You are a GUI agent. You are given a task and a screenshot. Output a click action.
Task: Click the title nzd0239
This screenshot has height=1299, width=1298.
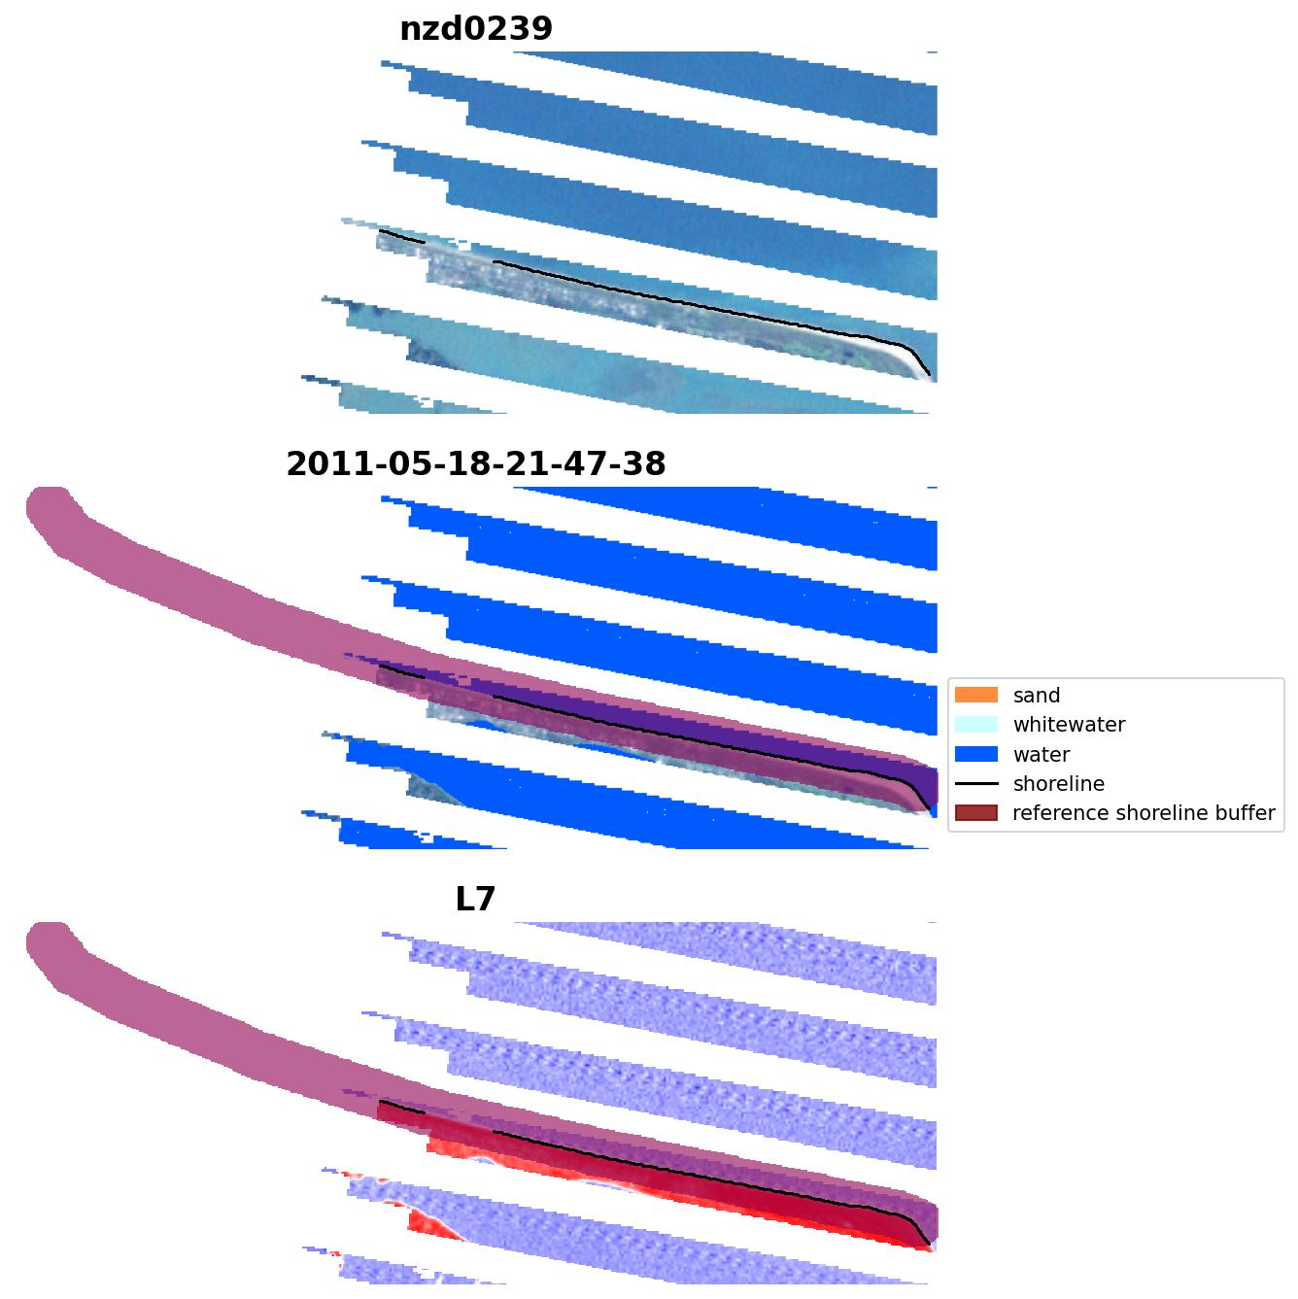pyautogui.click(x=476, y=29)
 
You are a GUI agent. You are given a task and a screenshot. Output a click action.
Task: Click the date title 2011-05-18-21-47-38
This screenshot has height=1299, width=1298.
pyautogui.click(x=476, y=464)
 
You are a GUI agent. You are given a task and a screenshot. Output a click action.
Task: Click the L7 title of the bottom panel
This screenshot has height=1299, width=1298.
pyautogui.click(x=476, y=900)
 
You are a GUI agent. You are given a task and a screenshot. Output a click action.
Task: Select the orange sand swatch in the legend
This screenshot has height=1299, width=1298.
pyautogui.click(x=975, y=695)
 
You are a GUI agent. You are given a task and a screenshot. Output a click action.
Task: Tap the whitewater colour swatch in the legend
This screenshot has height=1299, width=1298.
pyautogui.click(x=975, y=724)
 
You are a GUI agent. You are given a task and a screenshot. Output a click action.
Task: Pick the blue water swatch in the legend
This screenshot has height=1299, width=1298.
pyautogui.click(x=975, y=754)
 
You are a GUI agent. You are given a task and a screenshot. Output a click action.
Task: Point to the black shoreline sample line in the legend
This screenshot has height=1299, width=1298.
pyautogui.click(x=975, y=783)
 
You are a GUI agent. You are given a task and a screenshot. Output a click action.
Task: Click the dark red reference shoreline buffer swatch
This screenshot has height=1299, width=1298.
pyautogui.click(x=975, y=813)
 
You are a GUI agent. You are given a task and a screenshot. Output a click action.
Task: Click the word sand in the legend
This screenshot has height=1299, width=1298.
pyautogui.click(x=1036, y=696)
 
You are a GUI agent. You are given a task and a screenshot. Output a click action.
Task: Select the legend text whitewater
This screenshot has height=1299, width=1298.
pyautogui.click(x=1069, y=725)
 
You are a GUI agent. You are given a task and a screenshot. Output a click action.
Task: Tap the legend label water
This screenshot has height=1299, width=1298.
pyautogui.click(x=1041, y=755)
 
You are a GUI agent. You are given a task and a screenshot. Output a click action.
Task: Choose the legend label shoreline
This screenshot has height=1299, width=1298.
pyautogui.click(x=1058, y=784)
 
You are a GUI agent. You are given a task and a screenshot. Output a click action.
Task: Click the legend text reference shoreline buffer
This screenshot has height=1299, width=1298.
pyautogui.click(x=1143, y=813)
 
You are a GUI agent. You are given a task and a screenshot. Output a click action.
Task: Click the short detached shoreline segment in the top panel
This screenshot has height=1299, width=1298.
pyautogui.click(x=400, y=236)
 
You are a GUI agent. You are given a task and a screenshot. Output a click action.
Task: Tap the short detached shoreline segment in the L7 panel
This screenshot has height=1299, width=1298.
pyautogui.click(x=400, y=1107)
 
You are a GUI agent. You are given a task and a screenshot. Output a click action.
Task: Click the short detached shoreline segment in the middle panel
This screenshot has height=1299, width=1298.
pyautogui.click(x=400, y=671)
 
